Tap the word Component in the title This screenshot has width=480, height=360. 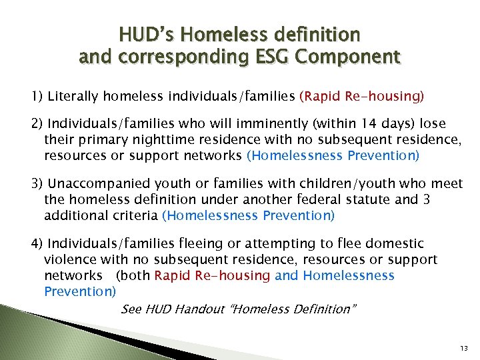[350, 57]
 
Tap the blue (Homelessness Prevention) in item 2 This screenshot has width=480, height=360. [333, 156]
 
